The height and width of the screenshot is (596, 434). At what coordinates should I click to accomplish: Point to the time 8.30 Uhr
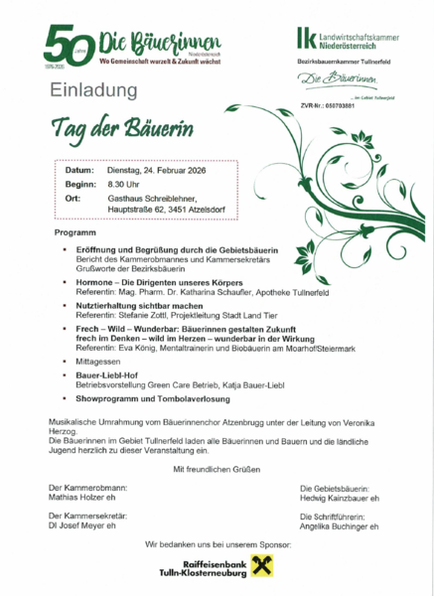point(124,185)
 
